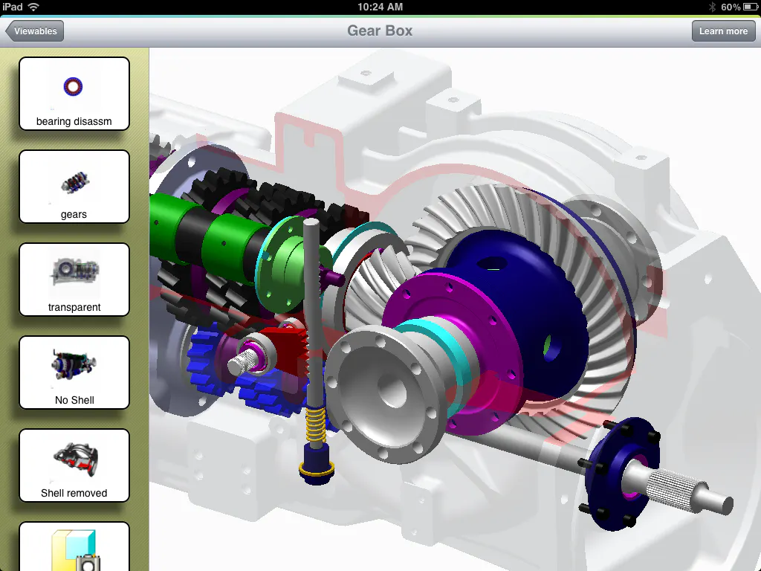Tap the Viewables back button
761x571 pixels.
pyautogui.click(x=35, y=31)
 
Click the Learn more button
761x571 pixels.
pyautogui.click(x=723, y=31)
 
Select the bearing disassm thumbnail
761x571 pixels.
pyautogui.click(x=74, y=94)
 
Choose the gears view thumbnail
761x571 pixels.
pyautogui.click(x=74, y=187)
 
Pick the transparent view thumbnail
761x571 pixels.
pyautogui.click(x=74, y=280)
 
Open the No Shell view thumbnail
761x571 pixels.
pyautogui.click(x=74, y=372)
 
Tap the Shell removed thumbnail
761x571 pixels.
pyautogui.click(x=74, y=465)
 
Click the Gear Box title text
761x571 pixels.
pyautogui.click(x=380, y=31)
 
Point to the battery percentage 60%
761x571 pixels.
pyautogui.click(x=731, y=7)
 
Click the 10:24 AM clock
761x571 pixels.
pyautogui.click(x=380, y=7)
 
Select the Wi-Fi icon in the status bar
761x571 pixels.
pyautogui.click(x=34, y=7)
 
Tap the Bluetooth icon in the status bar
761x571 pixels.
pyautogui.click(x=711, y=7)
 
